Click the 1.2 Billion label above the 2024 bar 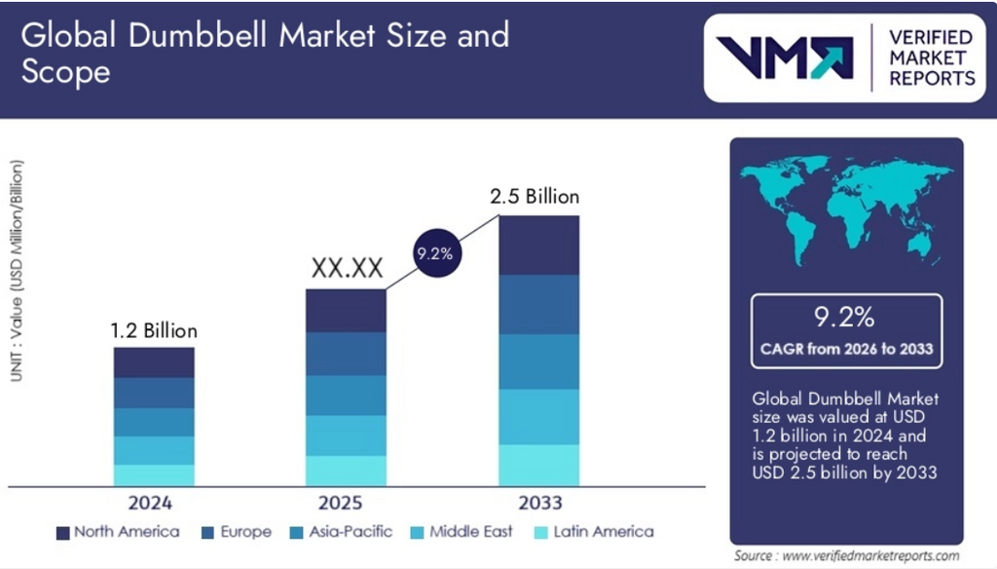pos(154,331)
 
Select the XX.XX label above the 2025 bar pos(347,269)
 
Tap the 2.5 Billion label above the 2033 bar pos(539,196)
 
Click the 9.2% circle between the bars pos(434,254)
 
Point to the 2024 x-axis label pos(153,503)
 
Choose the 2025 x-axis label pos(342,503)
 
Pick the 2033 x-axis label pos(539,503)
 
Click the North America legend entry pos(117,532)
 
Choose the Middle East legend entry pos(463,532)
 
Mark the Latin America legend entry pos(593,532)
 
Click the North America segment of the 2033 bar pos(539,245)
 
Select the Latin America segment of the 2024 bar pos(154,474)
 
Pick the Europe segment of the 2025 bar pos(347,354)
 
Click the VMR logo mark pos(784,57)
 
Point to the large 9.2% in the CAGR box pos(845,317)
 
